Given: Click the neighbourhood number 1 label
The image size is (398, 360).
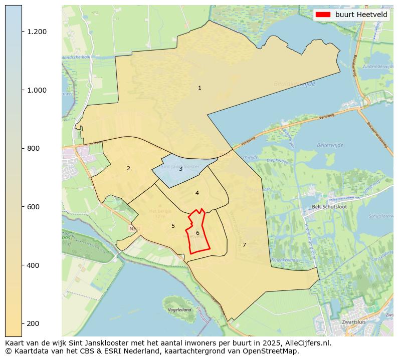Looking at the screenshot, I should pyautogui.click(x=200, y=88).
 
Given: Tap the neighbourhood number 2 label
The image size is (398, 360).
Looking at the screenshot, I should pyautogui.click(x=128, y=168).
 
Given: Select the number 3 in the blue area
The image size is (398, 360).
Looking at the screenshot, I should pyautogui.click(x=180, y=169).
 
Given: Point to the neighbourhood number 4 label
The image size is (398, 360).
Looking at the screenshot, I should pyautogui.click(x=197, y=193).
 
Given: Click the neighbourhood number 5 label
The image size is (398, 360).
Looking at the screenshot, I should pyautogui.click(x=173, y=226).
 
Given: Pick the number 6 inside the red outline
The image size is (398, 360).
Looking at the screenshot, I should pyautogui.click(x=197, y=233).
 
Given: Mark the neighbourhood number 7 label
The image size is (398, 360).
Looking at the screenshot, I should pyautogui.click(x=244, y=245).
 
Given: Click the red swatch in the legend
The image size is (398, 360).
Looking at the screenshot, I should pyautogui.click(x=323, y=15).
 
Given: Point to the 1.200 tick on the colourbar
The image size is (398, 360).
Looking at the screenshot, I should pyautogui.click(x=37, y=32).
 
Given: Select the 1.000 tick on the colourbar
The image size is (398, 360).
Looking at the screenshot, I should pyautogui.click(x=37, y=90).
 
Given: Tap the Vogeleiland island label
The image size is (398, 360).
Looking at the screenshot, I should pyautogui.click(x=179, y=310).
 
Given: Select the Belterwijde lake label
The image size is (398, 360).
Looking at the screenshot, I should pyautogui.click(x=330, y=145).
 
